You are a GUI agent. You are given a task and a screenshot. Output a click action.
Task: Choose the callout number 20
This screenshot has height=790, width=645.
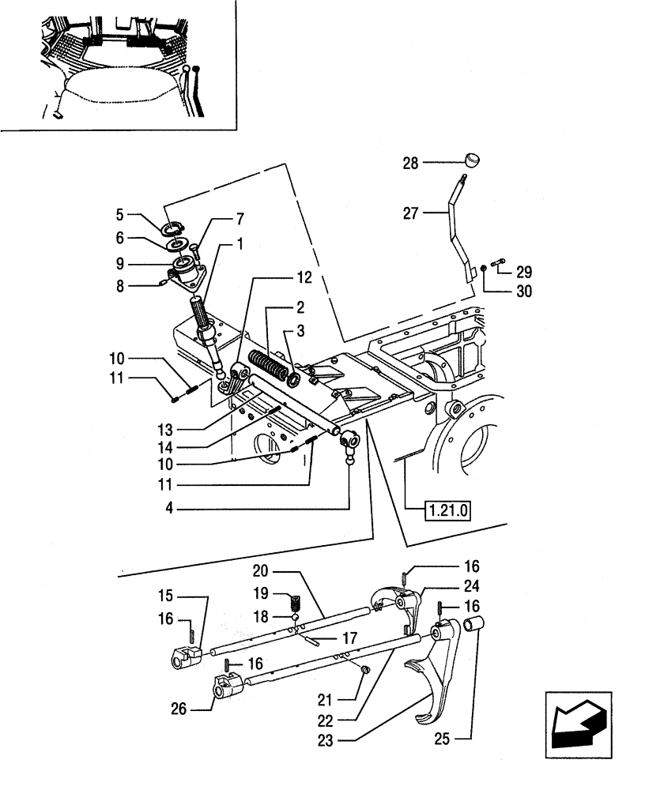262,570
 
